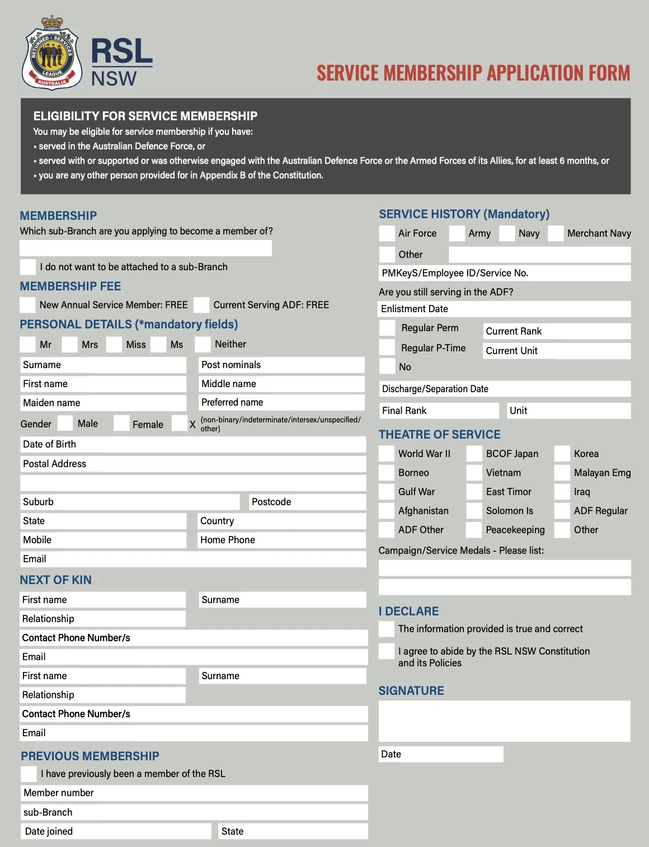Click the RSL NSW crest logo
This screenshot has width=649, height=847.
coord(51,53)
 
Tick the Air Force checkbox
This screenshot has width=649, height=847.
coord(387,233)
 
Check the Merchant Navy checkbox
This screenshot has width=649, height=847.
coord(556,233)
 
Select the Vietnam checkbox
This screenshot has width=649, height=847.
coord(474,473)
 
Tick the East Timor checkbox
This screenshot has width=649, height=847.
coord(474,492)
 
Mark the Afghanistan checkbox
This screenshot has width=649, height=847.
coord(387,511)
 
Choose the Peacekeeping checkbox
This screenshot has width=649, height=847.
coord(474,530)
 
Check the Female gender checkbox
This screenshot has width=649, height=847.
coord(121,423)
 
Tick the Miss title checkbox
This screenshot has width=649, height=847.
coord(114,345)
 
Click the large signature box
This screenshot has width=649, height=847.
coord(504,721)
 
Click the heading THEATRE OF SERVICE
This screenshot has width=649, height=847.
coord(439,435)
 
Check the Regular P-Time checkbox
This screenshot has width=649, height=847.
coord(387,347)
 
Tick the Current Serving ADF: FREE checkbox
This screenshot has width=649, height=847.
coord(201,305)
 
